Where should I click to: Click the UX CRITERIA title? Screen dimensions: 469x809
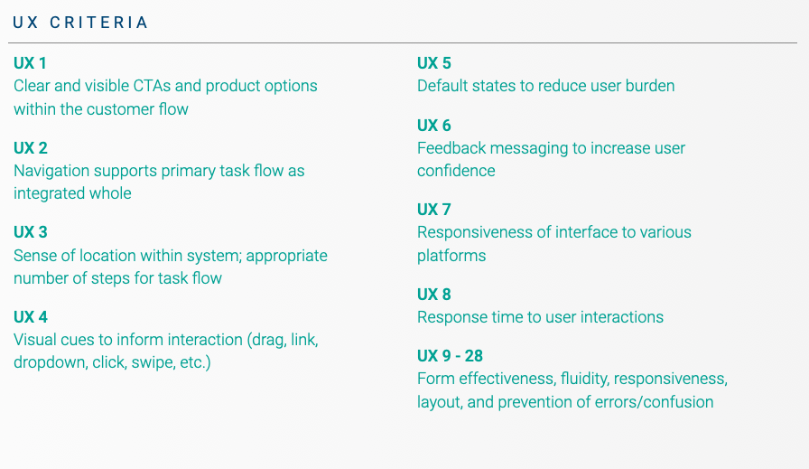(80, 23)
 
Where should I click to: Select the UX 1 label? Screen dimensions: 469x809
(30, 63)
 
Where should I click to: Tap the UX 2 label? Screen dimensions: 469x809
(31, 148)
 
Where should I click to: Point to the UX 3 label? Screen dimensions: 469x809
(31, 232)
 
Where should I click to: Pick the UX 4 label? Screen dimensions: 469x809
(31, 317)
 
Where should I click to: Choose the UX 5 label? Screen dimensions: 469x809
(434, 63)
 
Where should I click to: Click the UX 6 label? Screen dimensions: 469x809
(434, 126)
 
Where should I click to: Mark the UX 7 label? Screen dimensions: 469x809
(434, 210)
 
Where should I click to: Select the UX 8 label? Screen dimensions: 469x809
(434, 295)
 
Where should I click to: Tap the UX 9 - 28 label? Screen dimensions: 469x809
(450, 356)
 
